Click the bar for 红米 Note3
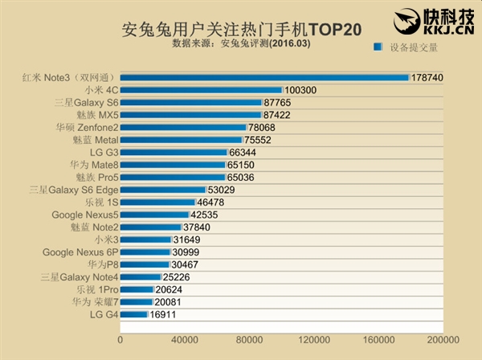(265, 78)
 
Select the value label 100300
(303, 91)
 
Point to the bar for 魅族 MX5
(190, 115)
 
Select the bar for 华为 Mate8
(173, 165)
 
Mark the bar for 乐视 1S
(158, 202)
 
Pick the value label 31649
(188, 239)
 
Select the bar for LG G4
(134, 314)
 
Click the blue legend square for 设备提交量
(376, 47)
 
